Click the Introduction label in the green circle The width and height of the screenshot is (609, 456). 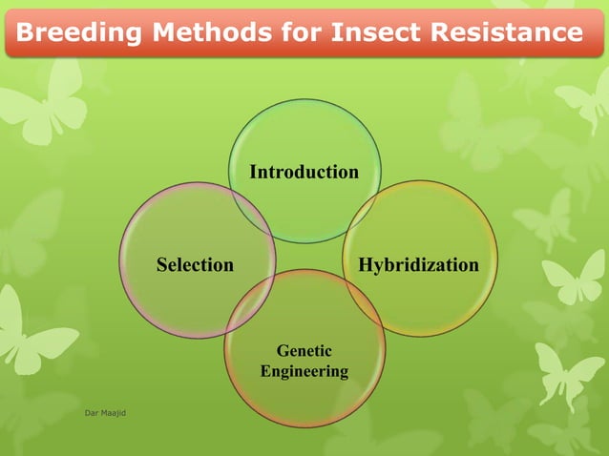304,172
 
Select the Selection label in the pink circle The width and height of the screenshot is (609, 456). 195,264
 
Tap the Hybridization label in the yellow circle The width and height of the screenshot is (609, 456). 418,264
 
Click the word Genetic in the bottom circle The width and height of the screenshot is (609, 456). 304,351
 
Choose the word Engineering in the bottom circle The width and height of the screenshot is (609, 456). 304,371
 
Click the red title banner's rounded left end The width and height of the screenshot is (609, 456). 11,33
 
